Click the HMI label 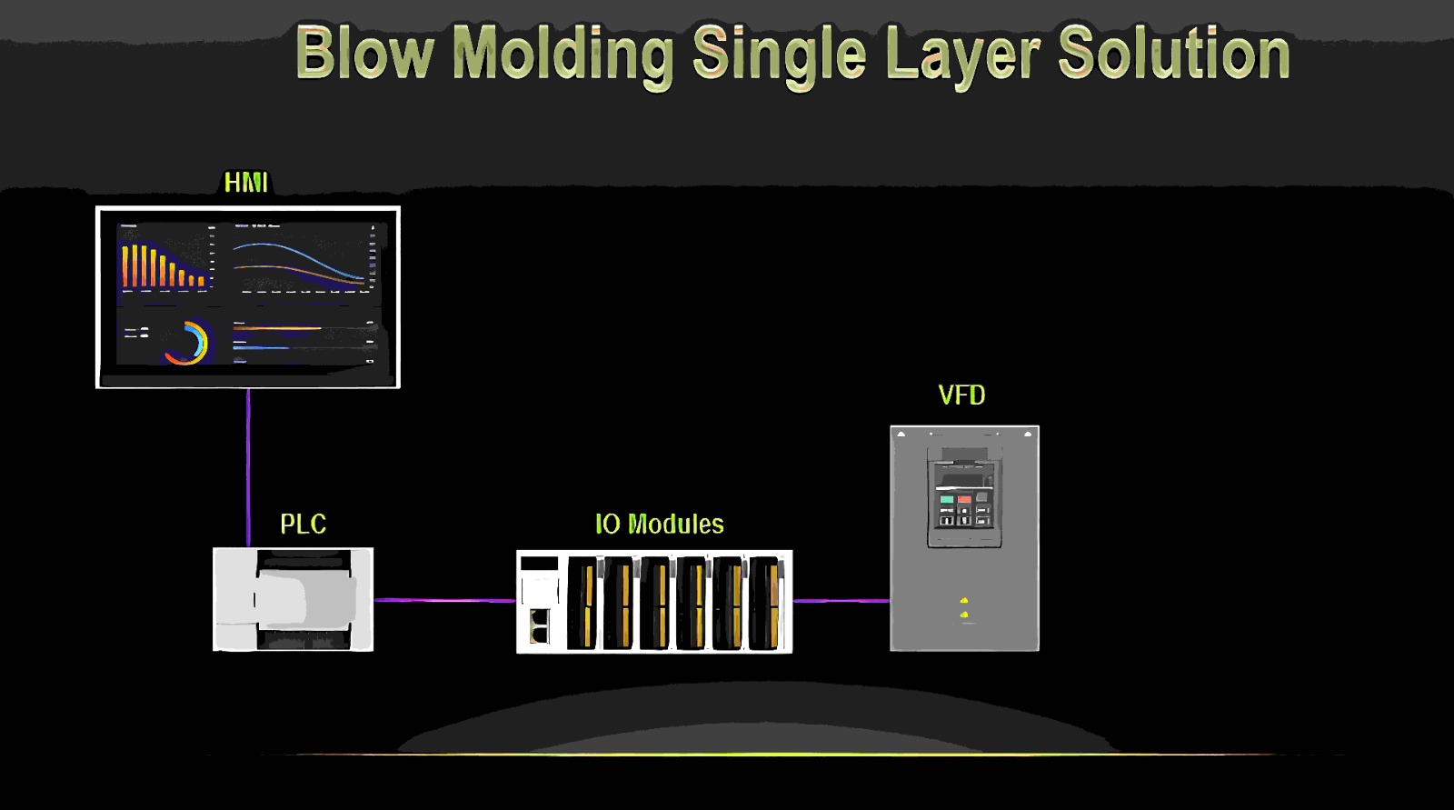[245, 183]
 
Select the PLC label [303, 525]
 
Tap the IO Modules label [659, 525]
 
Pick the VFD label [961, 395]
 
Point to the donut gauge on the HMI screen [187, 343]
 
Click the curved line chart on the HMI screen [300, 261]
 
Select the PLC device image [293, 599]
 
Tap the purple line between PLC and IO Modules [444, 600]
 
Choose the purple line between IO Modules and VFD [841, 600]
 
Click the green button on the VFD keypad [947, 499]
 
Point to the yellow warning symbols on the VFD [963, 608]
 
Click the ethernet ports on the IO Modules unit [539, 625]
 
